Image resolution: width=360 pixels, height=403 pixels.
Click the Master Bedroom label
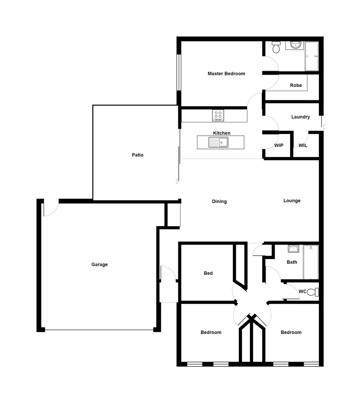(226, 74)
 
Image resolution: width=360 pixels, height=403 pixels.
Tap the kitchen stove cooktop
(218, 115)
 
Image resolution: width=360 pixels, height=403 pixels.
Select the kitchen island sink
(223, 142)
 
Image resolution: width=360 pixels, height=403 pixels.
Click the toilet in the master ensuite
(276, 47)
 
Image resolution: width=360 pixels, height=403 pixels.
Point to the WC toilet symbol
(315, 292)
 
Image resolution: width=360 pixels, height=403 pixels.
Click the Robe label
(296, 85)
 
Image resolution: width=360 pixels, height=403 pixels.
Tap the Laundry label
(300, 117)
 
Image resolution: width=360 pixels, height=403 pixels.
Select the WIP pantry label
(279, 145)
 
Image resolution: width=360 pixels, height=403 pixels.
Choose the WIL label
(303, 145)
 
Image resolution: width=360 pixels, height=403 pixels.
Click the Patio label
(137, 155)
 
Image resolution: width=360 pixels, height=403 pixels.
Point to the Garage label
(99, 265)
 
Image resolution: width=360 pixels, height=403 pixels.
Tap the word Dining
(219, 201)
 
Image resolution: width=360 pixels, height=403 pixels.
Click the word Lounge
(292, 201)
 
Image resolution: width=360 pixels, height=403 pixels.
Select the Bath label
(292, 262)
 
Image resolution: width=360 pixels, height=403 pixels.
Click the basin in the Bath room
(293, 249)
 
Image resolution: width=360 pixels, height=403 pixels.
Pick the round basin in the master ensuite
(295, 45)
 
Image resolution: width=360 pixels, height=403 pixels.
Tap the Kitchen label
(222, 133)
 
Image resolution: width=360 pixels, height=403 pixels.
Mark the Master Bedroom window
(179, 72)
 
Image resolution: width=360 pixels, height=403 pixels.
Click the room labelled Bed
(208, 273)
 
